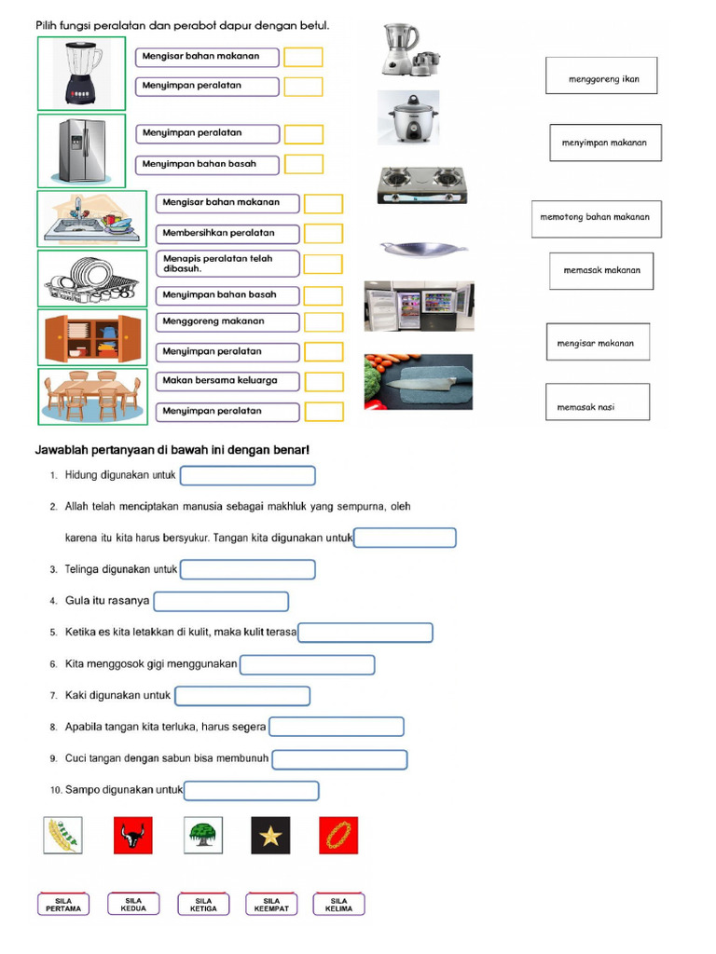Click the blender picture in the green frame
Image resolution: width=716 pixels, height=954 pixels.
(x=81, y=74)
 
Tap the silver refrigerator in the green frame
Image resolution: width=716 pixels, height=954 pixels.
(x=81, y=150)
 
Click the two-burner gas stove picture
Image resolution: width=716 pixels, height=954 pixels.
(x=421, y=184)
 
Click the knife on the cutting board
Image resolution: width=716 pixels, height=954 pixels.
(x=419, y=382)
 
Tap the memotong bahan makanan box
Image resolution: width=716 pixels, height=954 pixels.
(x=596, y=217)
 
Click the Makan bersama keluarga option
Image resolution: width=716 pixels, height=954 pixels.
(x=227, y=381)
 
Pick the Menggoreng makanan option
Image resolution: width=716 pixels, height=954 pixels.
(x=227, y=321)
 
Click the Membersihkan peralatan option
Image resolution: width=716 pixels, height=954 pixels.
(x=227, y=233)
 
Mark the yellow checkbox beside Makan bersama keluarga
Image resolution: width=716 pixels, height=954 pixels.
(x=324, y=381)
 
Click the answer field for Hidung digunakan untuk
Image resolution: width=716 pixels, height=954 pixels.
(x=247, y=476)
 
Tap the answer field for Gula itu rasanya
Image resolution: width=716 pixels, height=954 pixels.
(x=221, y=602)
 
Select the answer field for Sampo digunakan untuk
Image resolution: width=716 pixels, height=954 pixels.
(x=252, y=791)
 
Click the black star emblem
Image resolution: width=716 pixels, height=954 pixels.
(x=270, y=836)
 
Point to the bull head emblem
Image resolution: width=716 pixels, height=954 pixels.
(x=133, y=836)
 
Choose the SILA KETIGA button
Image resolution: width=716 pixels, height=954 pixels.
(x=202, y=905)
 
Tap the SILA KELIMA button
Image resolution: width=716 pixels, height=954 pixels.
(x=338, y=905)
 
